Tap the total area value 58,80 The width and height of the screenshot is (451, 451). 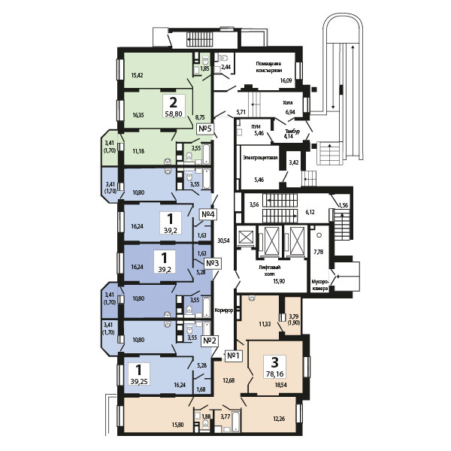coord(174,115)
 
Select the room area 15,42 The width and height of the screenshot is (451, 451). coord(137,75)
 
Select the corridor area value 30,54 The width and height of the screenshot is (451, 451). coord(222,241)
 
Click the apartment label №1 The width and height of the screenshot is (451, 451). coord(232,356)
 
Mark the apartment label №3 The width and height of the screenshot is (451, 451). coord(212,263)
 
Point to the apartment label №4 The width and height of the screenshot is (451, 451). coord(209,214)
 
